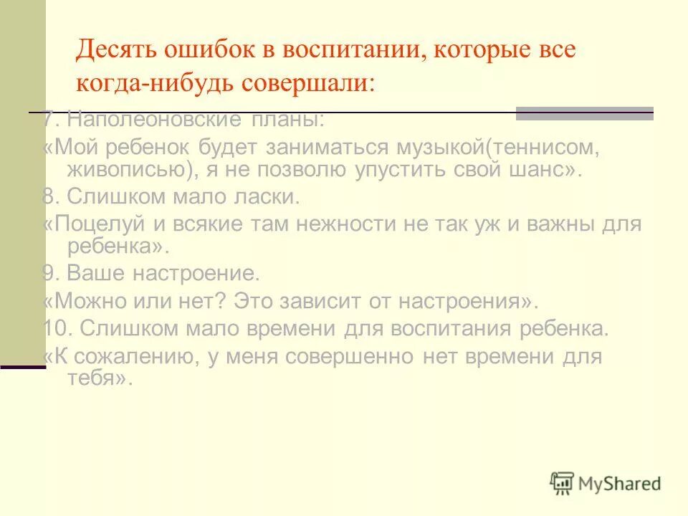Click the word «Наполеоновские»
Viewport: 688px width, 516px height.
(158, 119)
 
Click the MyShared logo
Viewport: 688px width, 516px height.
(606, 483)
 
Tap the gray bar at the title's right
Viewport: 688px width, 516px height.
(585, 113)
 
